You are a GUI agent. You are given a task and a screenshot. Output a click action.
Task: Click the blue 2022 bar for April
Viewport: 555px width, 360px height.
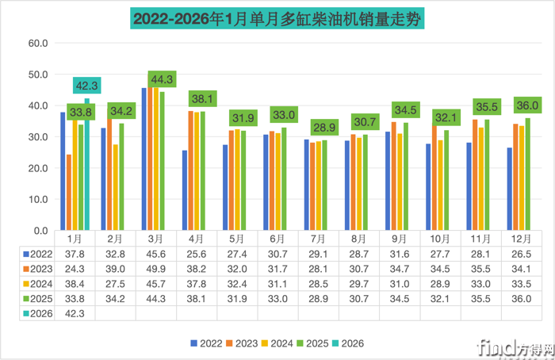(185, 190)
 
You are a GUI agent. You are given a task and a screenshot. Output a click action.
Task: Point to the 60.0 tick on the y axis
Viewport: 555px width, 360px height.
(37, 44)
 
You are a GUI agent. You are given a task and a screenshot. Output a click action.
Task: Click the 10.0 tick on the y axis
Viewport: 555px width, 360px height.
(37, 199)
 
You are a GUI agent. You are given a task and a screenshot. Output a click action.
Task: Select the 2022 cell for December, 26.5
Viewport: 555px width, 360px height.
(521, 255)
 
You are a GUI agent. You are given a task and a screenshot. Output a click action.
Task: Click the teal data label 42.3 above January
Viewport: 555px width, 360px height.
(87, 86)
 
